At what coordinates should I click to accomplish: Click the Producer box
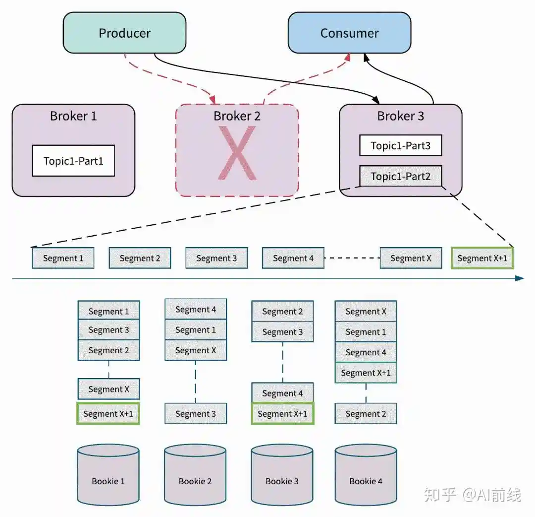[x=124, y=33]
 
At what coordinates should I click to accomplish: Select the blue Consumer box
[x=349, y=33]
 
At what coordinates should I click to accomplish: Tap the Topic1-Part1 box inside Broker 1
[x=73, y=161]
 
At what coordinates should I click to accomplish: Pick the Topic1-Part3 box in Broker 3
[x=400, y=146]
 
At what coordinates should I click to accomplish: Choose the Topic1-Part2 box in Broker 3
[x=400, y=176]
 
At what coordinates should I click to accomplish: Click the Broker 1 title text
[x=73, y=116]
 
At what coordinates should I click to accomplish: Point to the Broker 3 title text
[x=400, y=116]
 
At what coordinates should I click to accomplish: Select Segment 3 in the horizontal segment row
[x=216, y=258]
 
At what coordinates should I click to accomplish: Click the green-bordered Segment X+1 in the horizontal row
[x=482, y=258]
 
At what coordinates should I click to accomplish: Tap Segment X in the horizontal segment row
[x=411, y=258]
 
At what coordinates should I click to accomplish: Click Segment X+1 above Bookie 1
[x=108, y=414]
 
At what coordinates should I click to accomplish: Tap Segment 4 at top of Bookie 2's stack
[x=196, y=310]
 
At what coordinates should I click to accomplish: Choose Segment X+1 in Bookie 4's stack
[x=366, y=373]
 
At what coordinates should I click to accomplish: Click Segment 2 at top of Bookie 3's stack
[x=282, y=312]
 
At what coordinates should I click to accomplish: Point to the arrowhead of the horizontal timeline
[x=520, y=278]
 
